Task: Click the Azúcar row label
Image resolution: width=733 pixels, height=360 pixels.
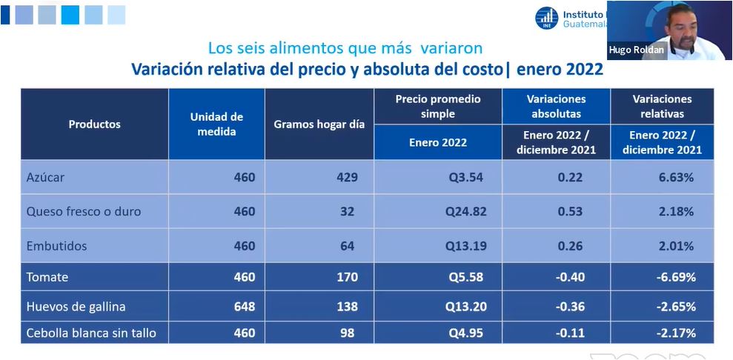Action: [46, 178]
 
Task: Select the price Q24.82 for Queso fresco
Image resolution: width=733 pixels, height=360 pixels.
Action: [466, 212]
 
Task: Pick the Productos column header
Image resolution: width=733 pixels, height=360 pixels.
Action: [94, 124]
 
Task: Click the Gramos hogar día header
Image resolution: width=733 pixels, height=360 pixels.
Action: [319, 124]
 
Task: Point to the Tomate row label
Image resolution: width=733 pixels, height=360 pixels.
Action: [47, 278]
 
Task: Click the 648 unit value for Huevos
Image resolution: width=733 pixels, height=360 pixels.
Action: [244, 307]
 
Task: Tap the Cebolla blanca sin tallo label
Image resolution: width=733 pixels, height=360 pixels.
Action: [91, 333]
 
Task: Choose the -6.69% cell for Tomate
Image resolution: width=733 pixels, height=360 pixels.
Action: [675, 278]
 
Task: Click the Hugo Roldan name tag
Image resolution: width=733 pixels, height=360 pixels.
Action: [637, 50]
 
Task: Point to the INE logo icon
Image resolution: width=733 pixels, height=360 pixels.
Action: [547, 18]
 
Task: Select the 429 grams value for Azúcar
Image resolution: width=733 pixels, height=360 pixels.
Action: [346, 178]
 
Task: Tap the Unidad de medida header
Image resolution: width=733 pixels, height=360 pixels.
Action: [216, 124]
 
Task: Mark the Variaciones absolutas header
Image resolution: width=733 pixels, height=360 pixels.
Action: [556, 106]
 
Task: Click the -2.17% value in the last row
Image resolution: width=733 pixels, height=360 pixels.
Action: [675, 333]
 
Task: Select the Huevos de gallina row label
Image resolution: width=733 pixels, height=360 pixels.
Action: [76, 307]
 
